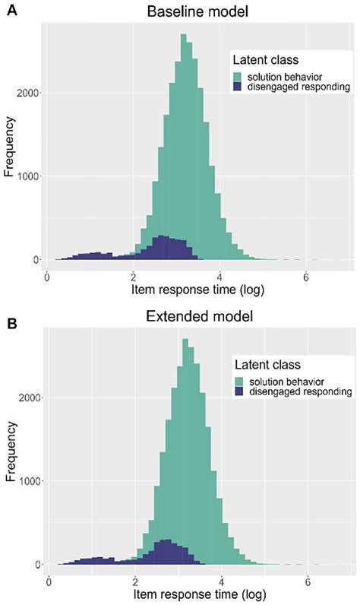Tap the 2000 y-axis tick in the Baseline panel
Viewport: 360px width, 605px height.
tap(28, 93)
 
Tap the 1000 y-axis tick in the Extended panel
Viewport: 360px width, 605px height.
tap(28, 481)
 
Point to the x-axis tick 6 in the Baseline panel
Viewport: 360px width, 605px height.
tap(305, 277)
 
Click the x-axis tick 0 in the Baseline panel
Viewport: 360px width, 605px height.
tap(47, 277)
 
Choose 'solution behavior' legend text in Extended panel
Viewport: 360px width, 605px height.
tap(288, 381)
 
